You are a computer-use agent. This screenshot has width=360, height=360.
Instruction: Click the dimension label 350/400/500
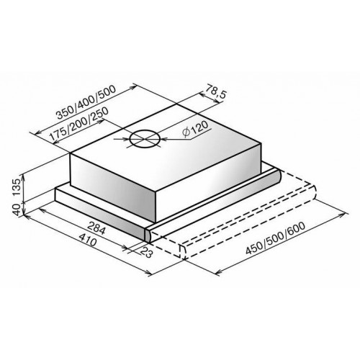[86, 102]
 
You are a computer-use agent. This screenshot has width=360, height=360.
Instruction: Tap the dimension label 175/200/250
[79, 124]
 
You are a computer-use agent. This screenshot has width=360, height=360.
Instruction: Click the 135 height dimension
[17, 188]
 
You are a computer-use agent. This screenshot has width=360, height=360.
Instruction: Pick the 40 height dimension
[17, 210]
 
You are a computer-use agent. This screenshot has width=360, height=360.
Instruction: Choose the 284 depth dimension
[96, 228]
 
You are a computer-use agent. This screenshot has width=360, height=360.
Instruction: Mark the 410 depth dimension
[88, 240]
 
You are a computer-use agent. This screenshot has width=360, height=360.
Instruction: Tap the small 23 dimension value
[145, 253]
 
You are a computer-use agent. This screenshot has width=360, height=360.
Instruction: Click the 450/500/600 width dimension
[276, 238]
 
